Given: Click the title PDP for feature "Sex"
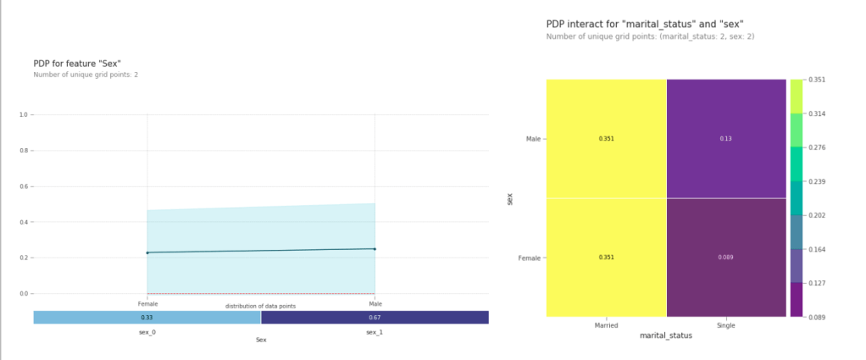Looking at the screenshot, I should click(x=77, y=63).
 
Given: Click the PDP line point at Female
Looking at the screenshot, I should click(x=147, y=252).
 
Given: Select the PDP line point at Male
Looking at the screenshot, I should click(x=375, y=249).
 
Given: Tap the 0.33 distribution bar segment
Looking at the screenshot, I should click(x=147, y=318).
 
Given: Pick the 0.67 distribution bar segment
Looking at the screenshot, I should click(x=375, y=318).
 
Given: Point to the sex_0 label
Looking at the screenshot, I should click(x=147, y=332).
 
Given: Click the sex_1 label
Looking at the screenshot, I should click(x=375, y=332).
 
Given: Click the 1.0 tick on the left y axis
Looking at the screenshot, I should click(x=24, y=114).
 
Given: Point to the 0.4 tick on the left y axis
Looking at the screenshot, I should click(x=24, y=222).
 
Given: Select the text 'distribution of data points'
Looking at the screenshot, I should click(x=260, y=306).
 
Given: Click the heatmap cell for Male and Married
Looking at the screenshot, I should click(x=606, y=138).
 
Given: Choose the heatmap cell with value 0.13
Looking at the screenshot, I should click(x=726, y=138).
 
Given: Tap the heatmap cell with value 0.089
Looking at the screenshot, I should click(x=726, y=257).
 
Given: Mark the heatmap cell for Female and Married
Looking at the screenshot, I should click(x=606, y=257).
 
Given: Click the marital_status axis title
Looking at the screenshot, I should click(x=665, y=335).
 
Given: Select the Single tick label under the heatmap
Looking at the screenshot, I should click(x=726, y=324).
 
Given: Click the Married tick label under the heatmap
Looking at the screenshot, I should click(x=606, y=324).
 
